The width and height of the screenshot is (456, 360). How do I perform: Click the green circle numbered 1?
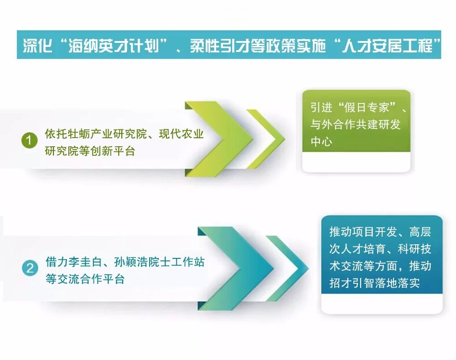(x=29, y=140)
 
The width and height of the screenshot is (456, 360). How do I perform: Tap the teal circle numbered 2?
(x=30, y=268)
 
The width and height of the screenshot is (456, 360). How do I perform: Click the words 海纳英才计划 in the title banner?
(x=114, y=46)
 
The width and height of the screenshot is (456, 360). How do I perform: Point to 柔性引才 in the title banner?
(x=220, y=46)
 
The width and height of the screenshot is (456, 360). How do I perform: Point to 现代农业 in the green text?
(x=181, y=134)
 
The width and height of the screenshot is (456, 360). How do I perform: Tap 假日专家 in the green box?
(x=367, y=108)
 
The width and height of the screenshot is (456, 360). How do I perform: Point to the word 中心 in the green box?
(x=321, y=142)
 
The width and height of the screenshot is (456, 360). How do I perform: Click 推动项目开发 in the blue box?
(x=363, y=232)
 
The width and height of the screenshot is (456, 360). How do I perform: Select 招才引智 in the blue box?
(x=352, y=283)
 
